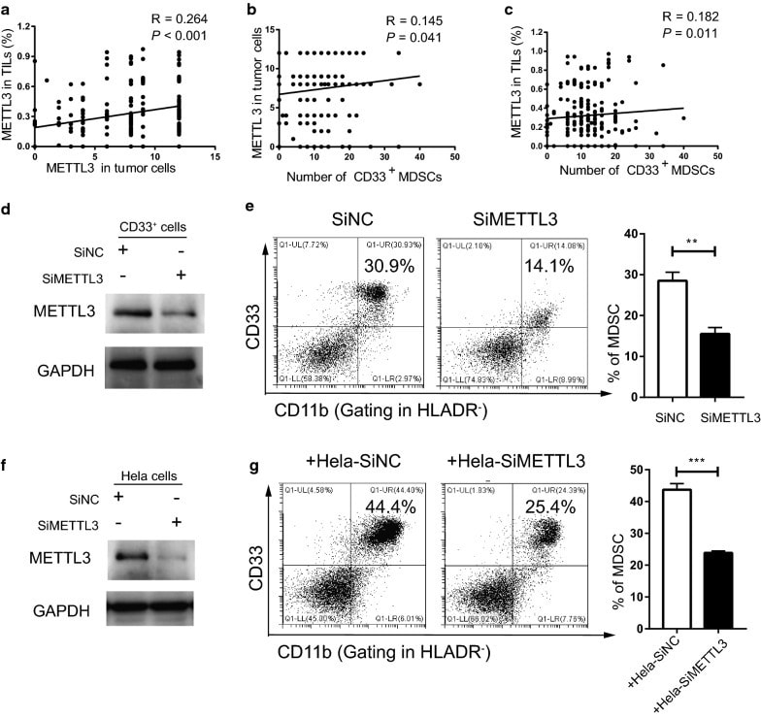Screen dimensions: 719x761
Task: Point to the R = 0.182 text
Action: click(686, 16)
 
